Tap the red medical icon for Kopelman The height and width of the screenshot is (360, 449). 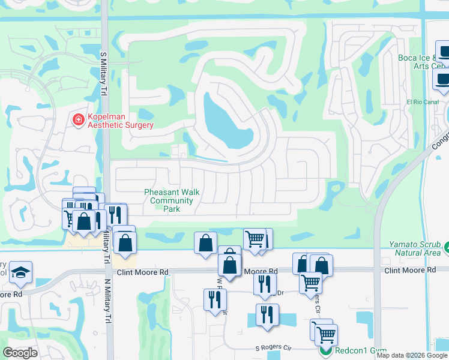point(78,121)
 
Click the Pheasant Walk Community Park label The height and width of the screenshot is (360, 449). point(172,200)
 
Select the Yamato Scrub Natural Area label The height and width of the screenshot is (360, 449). point(415,248)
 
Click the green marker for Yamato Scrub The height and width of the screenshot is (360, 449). point(447,246)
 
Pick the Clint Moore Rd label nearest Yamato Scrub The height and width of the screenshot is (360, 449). point(410,271)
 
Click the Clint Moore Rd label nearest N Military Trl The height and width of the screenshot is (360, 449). point(143,272)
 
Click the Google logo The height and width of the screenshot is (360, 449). point(20,352)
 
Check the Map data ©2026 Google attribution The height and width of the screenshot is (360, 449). point(411,355)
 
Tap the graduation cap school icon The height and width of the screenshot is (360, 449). point(21,272)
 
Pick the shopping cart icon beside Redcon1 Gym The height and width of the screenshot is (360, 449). point(326,334)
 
